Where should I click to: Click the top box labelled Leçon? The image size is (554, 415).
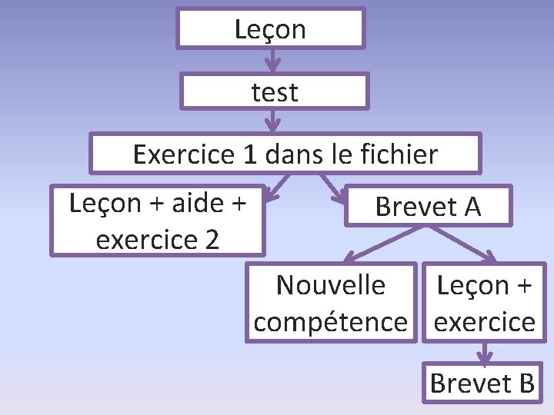point(270,29)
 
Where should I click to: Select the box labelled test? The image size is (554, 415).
point(275,92)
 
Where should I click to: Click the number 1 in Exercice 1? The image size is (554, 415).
point(249,154)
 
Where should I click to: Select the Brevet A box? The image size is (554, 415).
point(427,205)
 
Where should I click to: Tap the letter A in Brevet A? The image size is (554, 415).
point(471,206)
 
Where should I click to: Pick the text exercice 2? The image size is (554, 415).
point(158,240)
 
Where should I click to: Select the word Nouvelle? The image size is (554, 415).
point(330,285)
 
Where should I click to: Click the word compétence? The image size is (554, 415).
point(330,321)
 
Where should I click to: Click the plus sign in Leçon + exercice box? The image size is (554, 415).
point(522,286)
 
